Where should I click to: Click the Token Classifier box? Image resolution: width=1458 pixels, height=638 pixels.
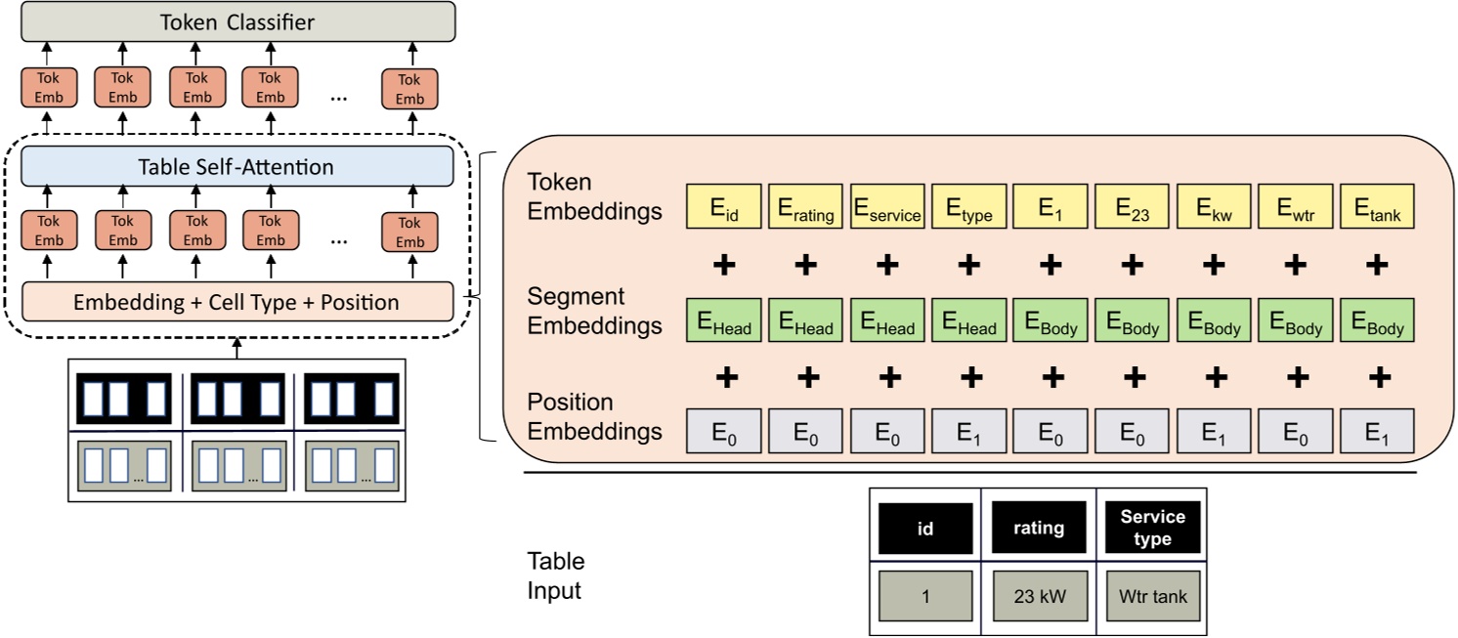[237, 21]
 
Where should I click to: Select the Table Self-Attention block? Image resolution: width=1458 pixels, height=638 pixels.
[237, 166]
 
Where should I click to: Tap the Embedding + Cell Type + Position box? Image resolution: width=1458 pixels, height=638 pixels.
[237, 302]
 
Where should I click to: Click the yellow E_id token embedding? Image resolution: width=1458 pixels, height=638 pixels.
[724, 208]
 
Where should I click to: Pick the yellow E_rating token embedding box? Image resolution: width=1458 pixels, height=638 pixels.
[806, 208]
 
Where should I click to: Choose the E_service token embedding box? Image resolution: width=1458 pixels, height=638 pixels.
[887, 208]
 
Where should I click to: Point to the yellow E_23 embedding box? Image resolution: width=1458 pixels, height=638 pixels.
[1133, 208]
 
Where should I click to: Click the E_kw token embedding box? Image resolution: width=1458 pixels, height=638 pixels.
[1214, 208]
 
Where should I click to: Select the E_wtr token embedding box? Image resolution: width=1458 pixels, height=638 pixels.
[1296, 208]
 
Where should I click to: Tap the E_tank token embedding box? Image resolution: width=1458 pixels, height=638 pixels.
[1377, 208]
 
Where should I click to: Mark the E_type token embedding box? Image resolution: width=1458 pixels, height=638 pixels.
[969, 208]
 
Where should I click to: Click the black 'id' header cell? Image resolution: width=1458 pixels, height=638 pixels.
[925, 529]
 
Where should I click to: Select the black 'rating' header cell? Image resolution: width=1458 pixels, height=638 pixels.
[1039, 529]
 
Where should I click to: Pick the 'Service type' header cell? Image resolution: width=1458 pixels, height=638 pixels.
[1153, 529]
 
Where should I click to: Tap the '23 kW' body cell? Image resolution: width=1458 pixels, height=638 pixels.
[1039, 596]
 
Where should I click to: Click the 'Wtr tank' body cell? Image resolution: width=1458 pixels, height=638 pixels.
[1153, 596]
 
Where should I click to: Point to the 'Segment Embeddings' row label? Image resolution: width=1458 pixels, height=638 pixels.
[594, 312]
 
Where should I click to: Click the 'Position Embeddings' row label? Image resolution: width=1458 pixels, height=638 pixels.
[594, 416]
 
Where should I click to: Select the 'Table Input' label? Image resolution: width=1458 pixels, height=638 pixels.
[556, 576]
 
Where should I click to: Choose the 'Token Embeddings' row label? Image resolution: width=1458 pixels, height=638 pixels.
[594, 196]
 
